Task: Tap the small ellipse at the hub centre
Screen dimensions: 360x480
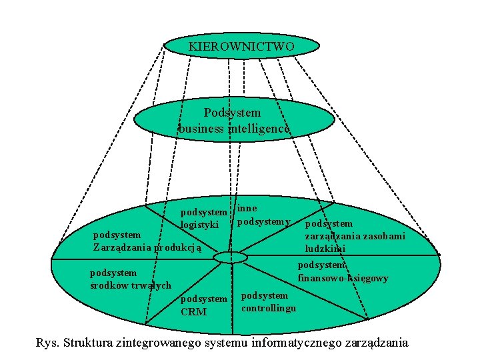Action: click(x=231, y=258)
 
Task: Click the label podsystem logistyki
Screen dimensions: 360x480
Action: click(x=204, y=218)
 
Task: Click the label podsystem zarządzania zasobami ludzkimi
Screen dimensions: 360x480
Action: click(x=354, y=236)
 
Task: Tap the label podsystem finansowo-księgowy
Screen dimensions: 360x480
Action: click(x=343, y=271)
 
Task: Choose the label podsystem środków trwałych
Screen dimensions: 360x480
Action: click(x=131, y=279)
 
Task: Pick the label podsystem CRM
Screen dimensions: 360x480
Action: click(x=204, y=305)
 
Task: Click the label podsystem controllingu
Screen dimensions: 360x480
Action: click(x=268, y=301)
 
